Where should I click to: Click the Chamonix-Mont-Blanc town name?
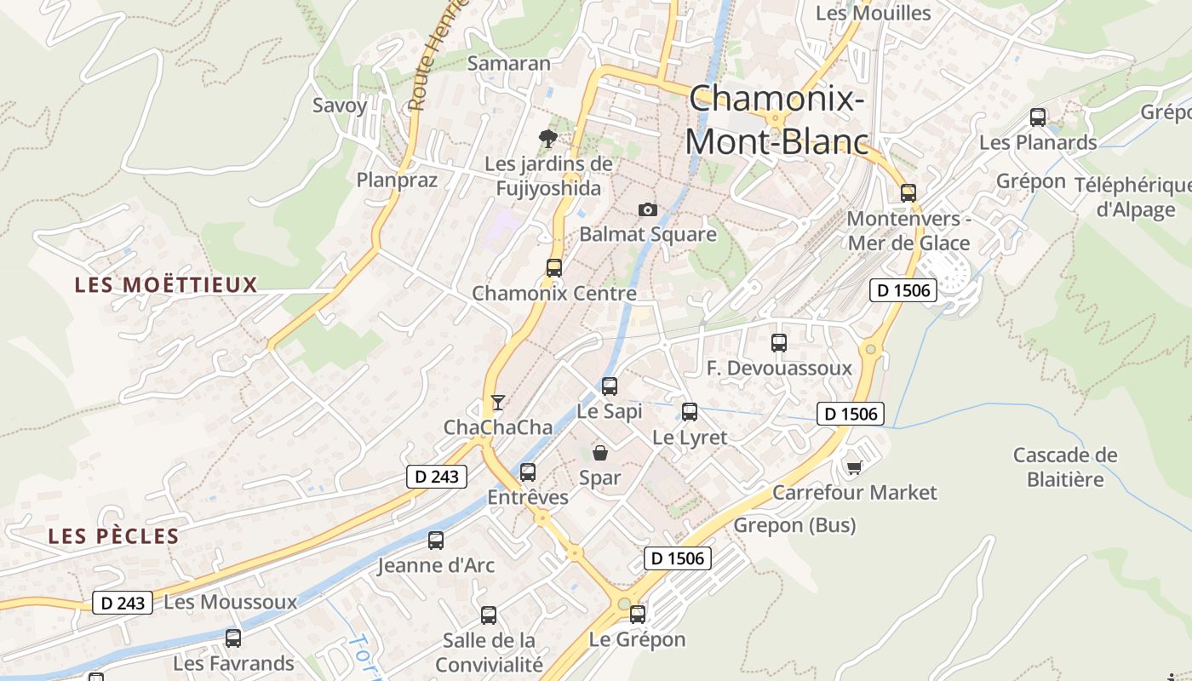[x=777, y=120]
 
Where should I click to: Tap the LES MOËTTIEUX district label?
[x=166, y=284]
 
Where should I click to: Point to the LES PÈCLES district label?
[x=113, y=536]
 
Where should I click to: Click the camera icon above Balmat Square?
[x=648, y=209]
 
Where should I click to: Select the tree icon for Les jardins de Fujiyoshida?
[x=548, y=138]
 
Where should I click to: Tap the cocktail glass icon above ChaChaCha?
[x=498, y=402]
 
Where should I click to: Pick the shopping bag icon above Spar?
[x=600, y=453]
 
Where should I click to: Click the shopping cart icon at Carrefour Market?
[x=855, y=467]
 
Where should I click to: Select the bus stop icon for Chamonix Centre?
[x=554, y=268]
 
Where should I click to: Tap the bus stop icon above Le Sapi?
[x=610, y=386]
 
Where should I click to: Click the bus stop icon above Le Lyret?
[x=690, y=412]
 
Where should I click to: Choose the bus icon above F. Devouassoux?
[x=779, y=343]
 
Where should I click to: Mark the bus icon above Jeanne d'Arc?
[x=436, y=540]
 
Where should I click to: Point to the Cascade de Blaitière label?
[x=1064, y=467]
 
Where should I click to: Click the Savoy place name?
[x=340, y=106]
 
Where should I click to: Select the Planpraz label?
[x=397, y=180]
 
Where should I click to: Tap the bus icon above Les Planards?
[x=1038, y=117]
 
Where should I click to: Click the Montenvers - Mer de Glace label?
[x=908, y=231]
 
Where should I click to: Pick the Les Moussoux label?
[x=230, y=603]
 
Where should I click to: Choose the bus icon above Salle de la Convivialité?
[x=489, y=615]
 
